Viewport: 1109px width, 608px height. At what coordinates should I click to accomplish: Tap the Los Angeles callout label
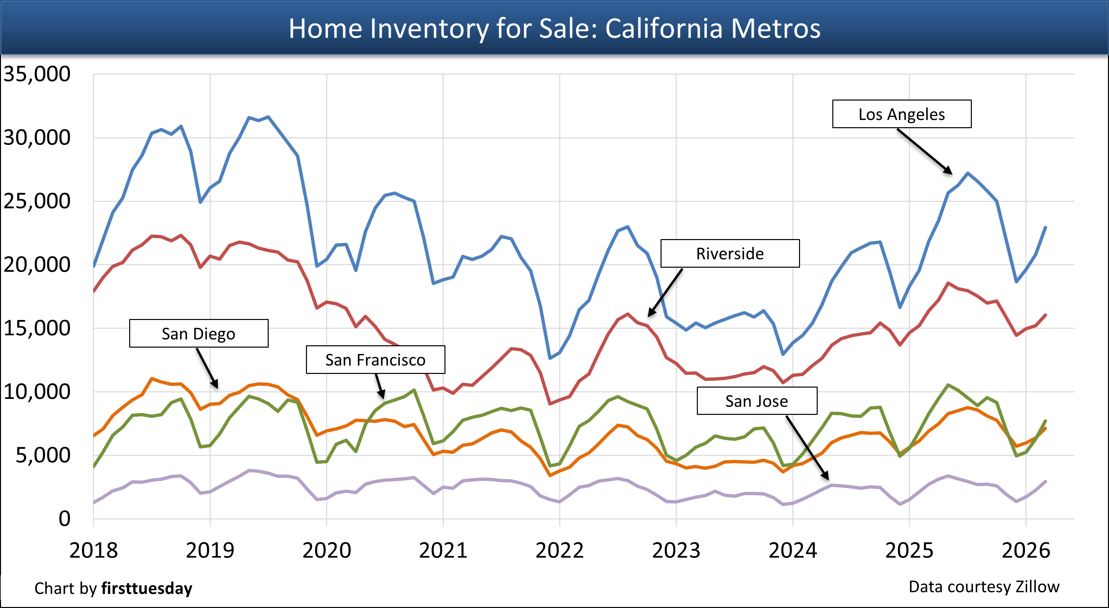coord(902,114)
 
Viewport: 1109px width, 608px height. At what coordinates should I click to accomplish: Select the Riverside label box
coord(730,254)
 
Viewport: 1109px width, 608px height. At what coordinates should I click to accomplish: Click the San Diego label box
coord(198,334)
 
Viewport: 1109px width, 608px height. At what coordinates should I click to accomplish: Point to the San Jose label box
coord(756,401)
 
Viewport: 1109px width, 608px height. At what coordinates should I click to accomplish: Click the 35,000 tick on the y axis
coord(37,74)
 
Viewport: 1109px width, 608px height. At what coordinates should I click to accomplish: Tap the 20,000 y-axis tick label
coord(37,265)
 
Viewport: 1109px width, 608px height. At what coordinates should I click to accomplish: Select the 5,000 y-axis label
coord(43,456)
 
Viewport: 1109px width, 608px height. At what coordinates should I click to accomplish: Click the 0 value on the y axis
coord(64,518)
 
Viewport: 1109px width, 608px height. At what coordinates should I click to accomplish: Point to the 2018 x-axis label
coord(94,550)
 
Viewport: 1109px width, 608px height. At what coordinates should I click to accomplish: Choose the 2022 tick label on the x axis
coord(559,550)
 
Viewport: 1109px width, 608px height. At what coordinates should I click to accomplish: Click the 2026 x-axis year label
coord(1025,550)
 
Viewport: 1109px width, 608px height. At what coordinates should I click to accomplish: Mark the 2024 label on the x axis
coord(793,550)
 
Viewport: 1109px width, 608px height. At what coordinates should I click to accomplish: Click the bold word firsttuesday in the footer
coord(147,588)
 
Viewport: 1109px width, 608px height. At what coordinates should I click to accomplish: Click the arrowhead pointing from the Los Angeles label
coord(949,171)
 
